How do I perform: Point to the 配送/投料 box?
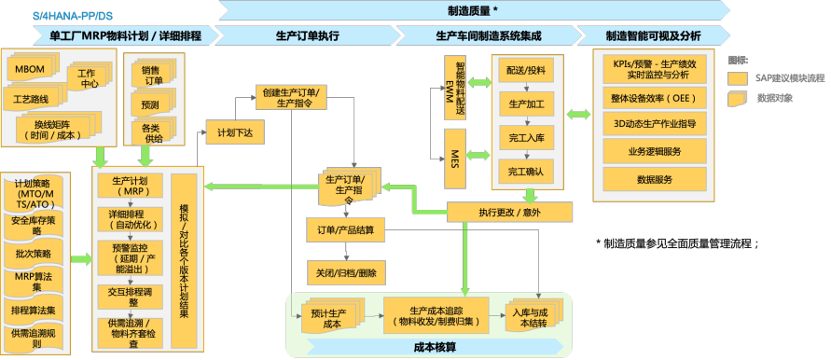pyautogui.click(x=526, y=70)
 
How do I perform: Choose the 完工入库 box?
pyautogui.click(x=526, y=137)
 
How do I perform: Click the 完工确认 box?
pyautogui.click(x=526, y=172)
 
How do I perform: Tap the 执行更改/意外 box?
pyautogui.click(x=508, y=212)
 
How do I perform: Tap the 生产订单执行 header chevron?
pyautogui.click(x=308, y=35)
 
